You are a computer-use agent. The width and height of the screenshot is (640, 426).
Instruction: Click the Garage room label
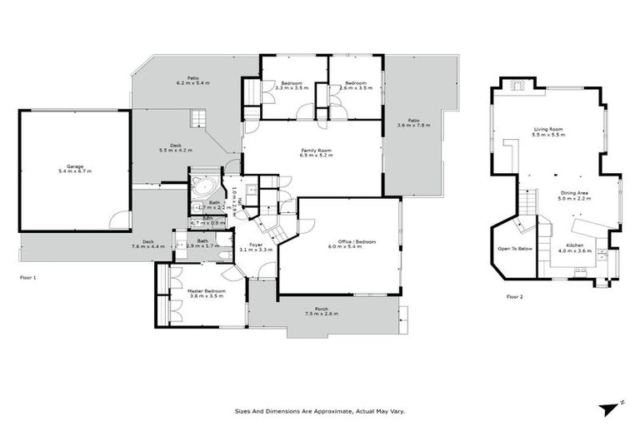click(x=74, y=169)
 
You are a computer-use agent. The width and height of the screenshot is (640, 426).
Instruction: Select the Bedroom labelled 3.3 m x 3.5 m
click(x=291, y=85)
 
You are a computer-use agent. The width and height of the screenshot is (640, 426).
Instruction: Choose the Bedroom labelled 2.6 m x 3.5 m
click(x=356, y=85)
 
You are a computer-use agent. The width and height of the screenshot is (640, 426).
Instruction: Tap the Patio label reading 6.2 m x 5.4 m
click(x=192, y=82)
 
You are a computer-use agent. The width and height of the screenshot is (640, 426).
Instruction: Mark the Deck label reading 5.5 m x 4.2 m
click(x=175, y=149)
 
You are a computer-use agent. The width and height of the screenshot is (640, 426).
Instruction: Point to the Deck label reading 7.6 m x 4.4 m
click(x=148, y=245)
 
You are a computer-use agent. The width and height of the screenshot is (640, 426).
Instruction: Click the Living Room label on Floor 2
click(x=548, y=131)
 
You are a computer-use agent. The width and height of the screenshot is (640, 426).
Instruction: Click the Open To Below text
click(x=513, y=249)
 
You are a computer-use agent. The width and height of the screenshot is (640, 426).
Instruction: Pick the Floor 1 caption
click(x=28, y=277)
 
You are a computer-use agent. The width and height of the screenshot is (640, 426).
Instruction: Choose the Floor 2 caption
click(x=515, y=296)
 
